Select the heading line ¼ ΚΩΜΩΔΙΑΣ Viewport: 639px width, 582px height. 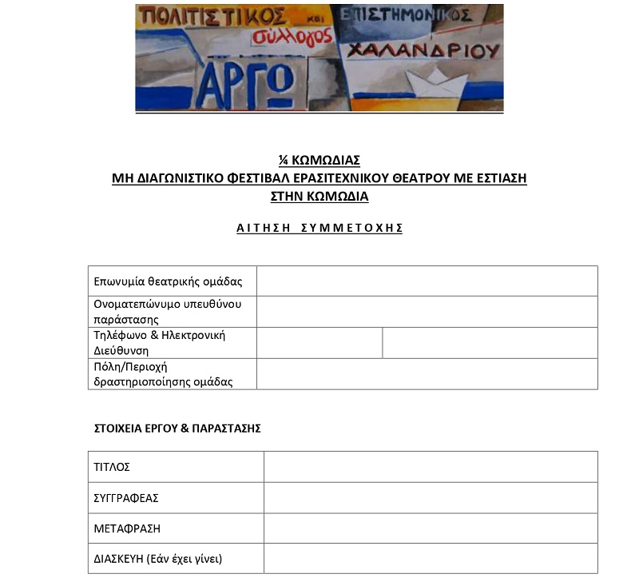pos(319,160)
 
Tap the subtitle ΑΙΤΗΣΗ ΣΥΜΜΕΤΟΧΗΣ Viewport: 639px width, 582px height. pos(319,228)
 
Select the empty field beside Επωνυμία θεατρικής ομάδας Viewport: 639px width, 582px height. pos(427,281)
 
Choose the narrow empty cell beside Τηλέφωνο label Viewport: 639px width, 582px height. pos(319,343)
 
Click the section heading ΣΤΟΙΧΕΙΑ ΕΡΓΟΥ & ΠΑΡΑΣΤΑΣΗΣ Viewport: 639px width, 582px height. pos(177,429)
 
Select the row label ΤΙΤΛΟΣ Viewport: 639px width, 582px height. pos(112,467)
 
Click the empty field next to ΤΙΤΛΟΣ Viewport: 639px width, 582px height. pos(430,467)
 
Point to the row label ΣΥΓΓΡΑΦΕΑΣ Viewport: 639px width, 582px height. pos(126,498)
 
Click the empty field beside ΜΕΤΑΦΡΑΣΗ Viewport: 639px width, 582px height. pos(430,528)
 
